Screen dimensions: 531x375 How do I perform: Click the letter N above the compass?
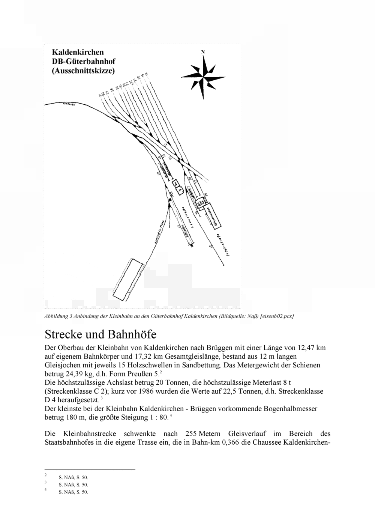click(x=203, y=52)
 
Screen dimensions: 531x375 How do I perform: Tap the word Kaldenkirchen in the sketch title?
click(x=78, y=52)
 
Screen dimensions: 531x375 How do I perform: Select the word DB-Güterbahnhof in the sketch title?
click(x=84, y=61)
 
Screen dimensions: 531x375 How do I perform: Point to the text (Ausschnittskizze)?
click(x=84, y=71)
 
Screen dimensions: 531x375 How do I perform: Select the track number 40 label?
click(x=210, y=246)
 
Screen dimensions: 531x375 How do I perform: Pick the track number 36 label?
click(x=205, y=195)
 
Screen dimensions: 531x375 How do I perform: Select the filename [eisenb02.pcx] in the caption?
click(x=277, y=316)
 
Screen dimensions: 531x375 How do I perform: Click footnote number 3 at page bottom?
click(x=45, y=482)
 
